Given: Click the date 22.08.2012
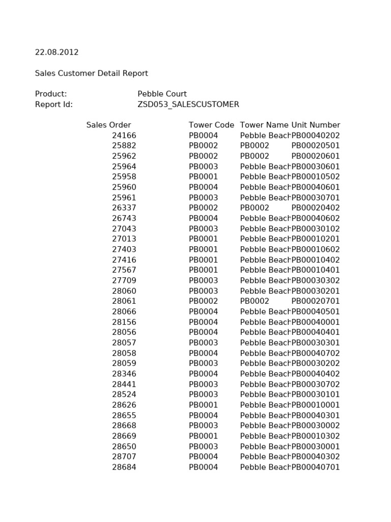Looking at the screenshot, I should [x=57, y=53].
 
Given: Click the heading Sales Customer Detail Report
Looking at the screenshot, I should [x=91, y=73].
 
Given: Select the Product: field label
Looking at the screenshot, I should [x=51, y=94].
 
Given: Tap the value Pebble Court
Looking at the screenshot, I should [x=162, y=94].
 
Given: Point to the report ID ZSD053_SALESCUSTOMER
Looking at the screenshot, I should [x=188, y=105].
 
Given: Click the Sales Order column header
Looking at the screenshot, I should [x=108, y=125].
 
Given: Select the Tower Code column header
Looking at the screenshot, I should [x=211, y=125].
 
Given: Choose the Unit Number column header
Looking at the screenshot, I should [x=316, y=125].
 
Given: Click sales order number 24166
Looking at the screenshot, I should [x=124, y=136].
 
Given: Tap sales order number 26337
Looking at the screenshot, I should [x=124, y=208].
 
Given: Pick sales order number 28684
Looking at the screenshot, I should [x=124, y=467].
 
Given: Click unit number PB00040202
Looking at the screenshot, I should [x=316, y=136].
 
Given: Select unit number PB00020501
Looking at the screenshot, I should [x=316, y=146].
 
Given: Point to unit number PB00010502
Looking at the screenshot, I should [x=316, y=177].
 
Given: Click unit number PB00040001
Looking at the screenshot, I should [x=316, y=322].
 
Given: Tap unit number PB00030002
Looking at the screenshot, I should [x=316, y=426].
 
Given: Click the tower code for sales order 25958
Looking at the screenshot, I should [x=203, y=177].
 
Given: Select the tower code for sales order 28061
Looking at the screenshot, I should [x=203, y=301].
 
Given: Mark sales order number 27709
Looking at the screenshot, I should [x=124, y=280].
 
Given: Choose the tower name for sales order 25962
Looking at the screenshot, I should [x=255, y=156].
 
